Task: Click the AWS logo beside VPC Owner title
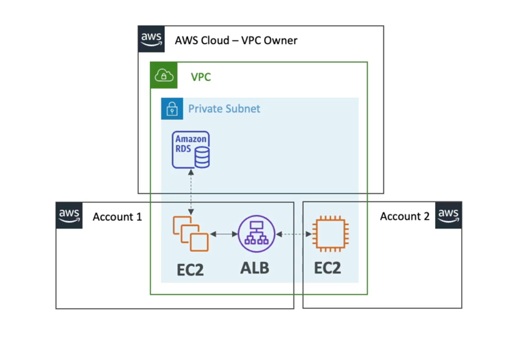(151, 39)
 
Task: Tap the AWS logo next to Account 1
(69, 215)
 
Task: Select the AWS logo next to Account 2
(449, 215)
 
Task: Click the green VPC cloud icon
(163, 75)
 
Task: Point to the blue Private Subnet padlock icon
(172, 109)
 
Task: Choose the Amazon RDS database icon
(191, 150)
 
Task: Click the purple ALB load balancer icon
(255, 234)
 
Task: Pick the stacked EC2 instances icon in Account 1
(191, 234)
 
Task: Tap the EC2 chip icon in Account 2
(328, 235)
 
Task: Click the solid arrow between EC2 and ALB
(223, 234)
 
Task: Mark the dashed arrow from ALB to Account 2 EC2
(291, 235)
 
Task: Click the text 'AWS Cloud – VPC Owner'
(236, 40)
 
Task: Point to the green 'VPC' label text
(201, 77)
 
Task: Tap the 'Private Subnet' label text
(224, 109)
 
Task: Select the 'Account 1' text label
(117, 216)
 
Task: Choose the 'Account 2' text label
(405, 216)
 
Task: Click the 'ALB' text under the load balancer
(255, 267)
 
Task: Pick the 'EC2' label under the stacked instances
(190, 269)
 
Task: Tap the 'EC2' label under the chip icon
(328, 267)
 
